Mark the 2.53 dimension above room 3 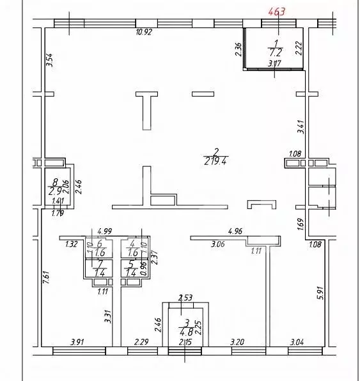point(185,297)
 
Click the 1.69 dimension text point(301,224)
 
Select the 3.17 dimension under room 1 point(274,63)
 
